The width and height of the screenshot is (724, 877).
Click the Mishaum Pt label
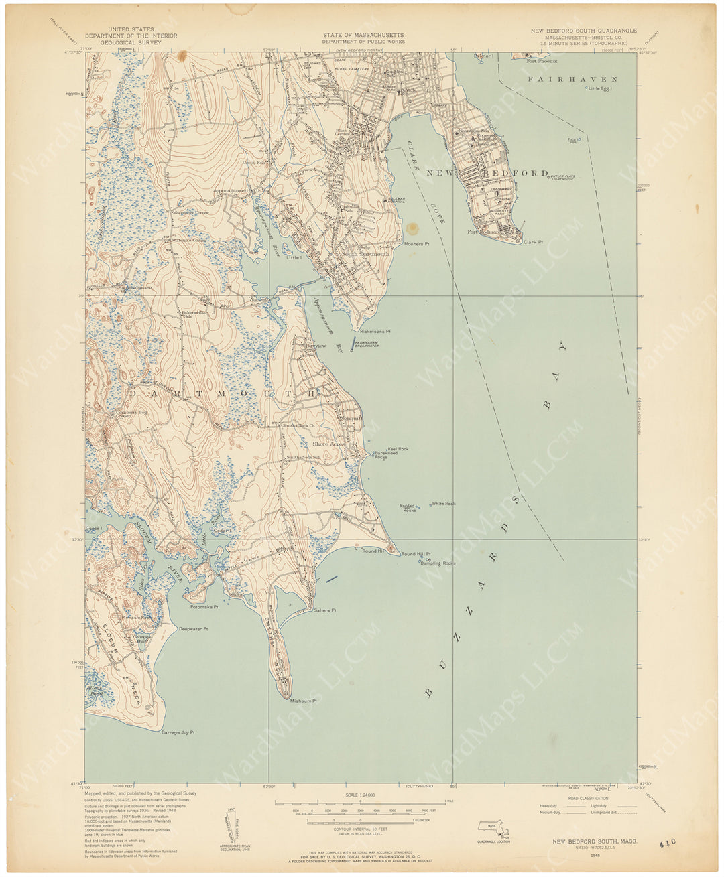302,701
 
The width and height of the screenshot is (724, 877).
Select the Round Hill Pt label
416,554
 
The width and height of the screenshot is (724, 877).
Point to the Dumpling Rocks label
438,563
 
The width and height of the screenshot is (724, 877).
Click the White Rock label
443,503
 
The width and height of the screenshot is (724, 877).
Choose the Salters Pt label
324,610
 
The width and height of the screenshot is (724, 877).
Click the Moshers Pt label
415,244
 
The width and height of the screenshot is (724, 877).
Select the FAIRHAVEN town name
571,79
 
